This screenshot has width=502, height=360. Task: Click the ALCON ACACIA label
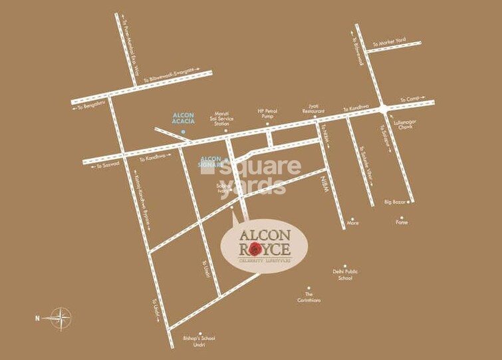pyautogui.click(x=183, y=118)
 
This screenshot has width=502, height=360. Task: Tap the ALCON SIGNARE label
pyautogui.click(x=211, y=162)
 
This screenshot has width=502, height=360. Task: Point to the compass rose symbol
pyautogui.click(x=61, y=318)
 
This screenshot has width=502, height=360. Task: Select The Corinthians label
pyautogui.click(x=309, y=297)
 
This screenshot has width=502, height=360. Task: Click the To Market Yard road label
pyautogui.click(x=389, y=42)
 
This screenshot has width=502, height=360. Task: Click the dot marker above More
pyautogui.click(x=352, y=217)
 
